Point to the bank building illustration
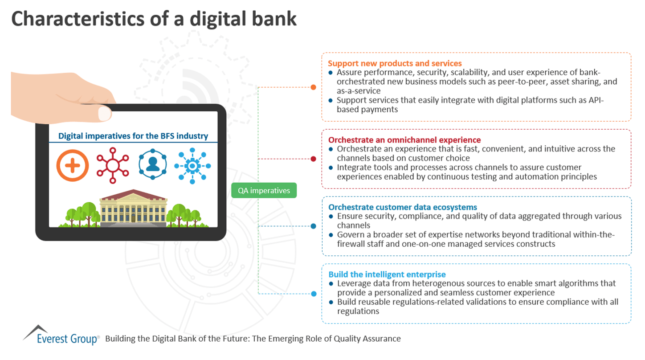133,209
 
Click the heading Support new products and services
395,63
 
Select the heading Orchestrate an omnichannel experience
404,140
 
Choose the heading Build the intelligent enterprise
387,274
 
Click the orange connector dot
313,87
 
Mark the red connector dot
313,159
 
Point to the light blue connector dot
313,294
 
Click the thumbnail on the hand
104,113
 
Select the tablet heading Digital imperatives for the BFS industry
133,136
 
